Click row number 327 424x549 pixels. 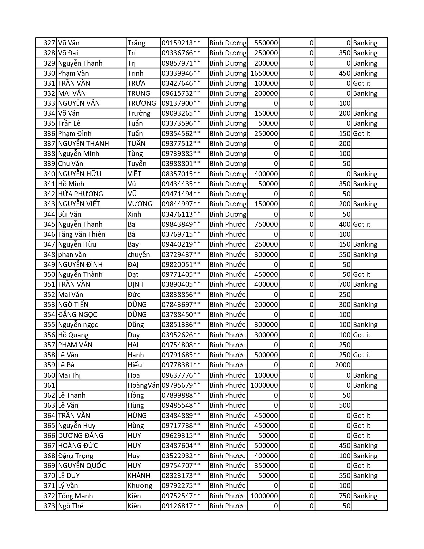click(49, 43)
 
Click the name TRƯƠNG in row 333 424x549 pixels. click(142, 103)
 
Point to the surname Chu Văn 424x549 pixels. click(71, 164)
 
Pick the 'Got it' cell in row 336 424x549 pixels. click(362, 134)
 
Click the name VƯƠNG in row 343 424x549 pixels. click(140, 204)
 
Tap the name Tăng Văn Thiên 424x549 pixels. click(81, 234)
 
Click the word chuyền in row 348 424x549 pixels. click(139, 255)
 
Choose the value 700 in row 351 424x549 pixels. click(345, 284)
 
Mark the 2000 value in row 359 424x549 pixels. click(343, 365)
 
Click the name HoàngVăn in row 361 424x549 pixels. click(143, 385)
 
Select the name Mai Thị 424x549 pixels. click(70, 375)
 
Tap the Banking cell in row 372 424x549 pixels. click(365, 496)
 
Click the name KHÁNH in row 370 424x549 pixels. click(139, 476)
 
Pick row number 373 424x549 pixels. click(49, 506)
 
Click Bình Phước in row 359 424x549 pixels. click(227, 365)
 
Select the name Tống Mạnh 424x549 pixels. click(75, 496)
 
